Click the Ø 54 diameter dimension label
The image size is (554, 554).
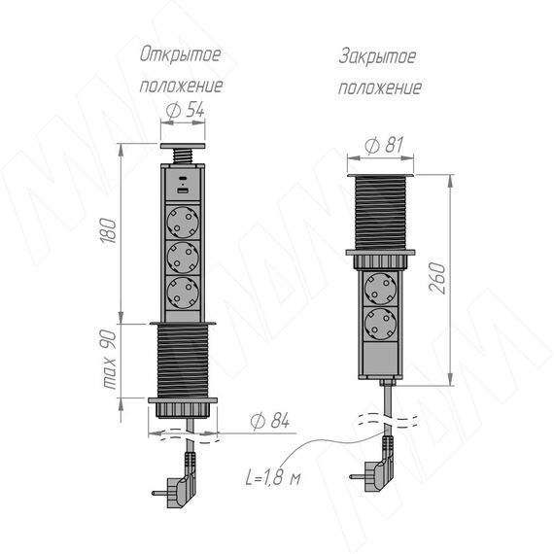pyautogui.click(x=185, y=110)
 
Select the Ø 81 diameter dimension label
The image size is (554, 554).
pyautogui.click(x=384, y=145)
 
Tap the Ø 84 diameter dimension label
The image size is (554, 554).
pyautogui.click(x=269, y=421)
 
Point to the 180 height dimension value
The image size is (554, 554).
pyautogui.click(x=109, y=230)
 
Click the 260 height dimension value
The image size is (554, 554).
pyautogui.click(x=437, y=278)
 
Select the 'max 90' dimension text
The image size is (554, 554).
pyautogui.click(x=109, y=360)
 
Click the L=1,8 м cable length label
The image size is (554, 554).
pyautogui.click(x=273, y=477)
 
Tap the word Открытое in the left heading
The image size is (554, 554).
pyautogui.click(x=180, y=54)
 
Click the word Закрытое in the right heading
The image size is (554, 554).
pyautogui.click(x=377, y=57)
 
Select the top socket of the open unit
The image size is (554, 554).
pyautogui.click(x=183, y=223)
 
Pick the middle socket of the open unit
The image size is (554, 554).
pyautogui.click(x=183, y=258)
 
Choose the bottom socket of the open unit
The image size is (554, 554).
pyautogui.click(x=183, y=293)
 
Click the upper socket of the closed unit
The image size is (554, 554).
pyautogui.click(x=381, y=289)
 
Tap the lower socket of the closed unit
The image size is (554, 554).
pyautogui.click(x=381, y=324)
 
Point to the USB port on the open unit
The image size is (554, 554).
pyautogui.click(x=183, y=191)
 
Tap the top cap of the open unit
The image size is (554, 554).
pyautogui.click(x=183, y=146)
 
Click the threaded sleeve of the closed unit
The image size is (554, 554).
pyautogui.click(x=381, y=213)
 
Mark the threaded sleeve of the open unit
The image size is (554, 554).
pyautogui.click(x=183, y=361)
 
